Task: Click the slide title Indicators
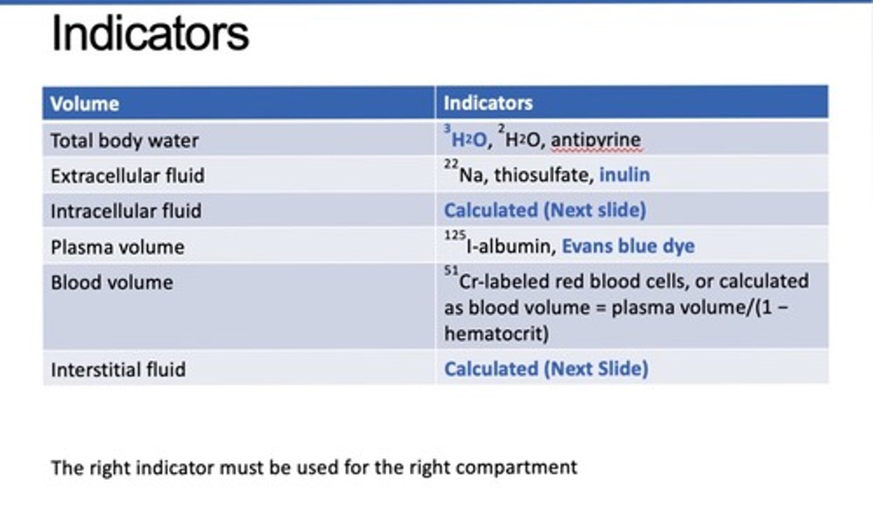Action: pyautogui.click(x=150, y=33)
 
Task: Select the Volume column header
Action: pyautogui.click(x=85, y=104)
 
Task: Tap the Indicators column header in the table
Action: pyautogui.click(x=488, y=103)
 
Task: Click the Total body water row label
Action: pyautogui.click(x=125, y=140)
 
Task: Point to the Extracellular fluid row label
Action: pyautogui.click(x=128, y=176)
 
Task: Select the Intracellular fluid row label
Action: pyautogui.click(x=126, y=211)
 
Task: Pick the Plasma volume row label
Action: pyautogui.click(x=118, y=247)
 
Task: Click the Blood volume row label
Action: pyautogui.click(x=112, y=282)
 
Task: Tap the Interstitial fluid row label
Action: pyautogui.click(x=118, y=369)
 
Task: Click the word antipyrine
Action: pyautogui.click(x=596, y=140)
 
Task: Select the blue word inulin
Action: pyautogui.click(x=624, y=175)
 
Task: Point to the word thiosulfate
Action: pyautogui.click(x=544, y=175)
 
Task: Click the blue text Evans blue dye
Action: pyautogui.click(x=628, y=246)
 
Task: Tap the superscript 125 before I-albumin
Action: pyautogui.click(x=455, y=235)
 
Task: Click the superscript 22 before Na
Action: pyautogui.click(x=451, y=164)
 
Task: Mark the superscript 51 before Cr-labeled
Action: pyautogui.click(x=451, y=270)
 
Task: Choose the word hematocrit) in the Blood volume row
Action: pyautogui.click(x=497, y=334)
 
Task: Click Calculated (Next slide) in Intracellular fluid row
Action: pyautogui.click(x=545, y=210)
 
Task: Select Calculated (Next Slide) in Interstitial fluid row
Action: pyautogui.click(x=546, y=369)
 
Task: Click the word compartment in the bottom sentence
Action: pyautogui.click(x=517, y=468)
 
